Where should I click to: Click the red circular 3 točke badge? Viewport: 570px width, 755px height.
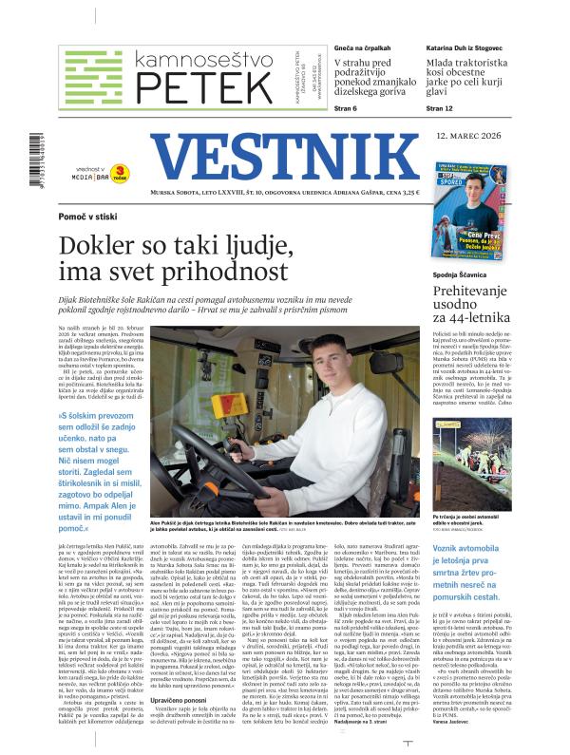pos(121,171)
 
